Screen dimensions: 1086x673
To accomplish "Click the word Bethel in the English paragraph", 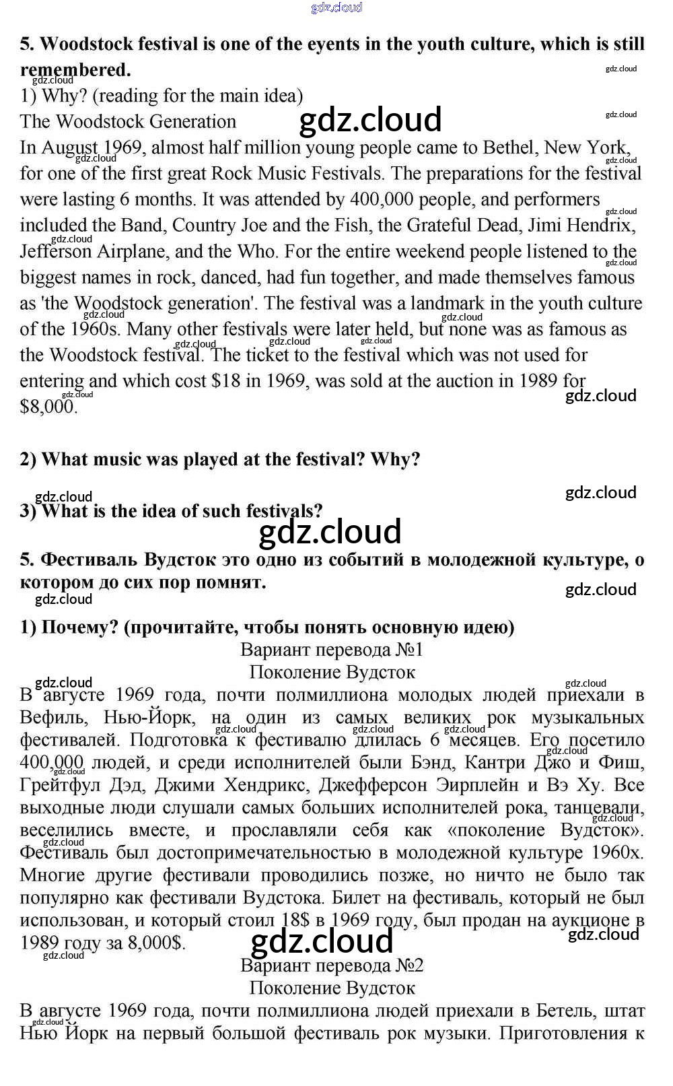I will coord(511,147).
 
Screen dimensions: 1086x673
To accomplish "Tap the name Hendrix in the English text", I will coord(601,225).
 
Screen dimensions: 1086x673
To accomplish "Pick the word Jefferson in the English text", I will coord(55,251).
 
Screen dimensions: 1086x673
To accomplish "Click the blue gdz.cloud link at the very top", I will coord(336,7).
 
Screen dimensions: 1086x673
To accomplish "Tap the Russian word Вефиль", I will coord(53,718).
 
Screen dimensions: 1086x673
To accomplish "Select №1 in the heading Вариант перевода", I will coord(409,650).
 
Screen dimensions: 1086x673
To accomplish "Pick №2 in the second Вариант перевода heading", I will coord(409,965).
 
